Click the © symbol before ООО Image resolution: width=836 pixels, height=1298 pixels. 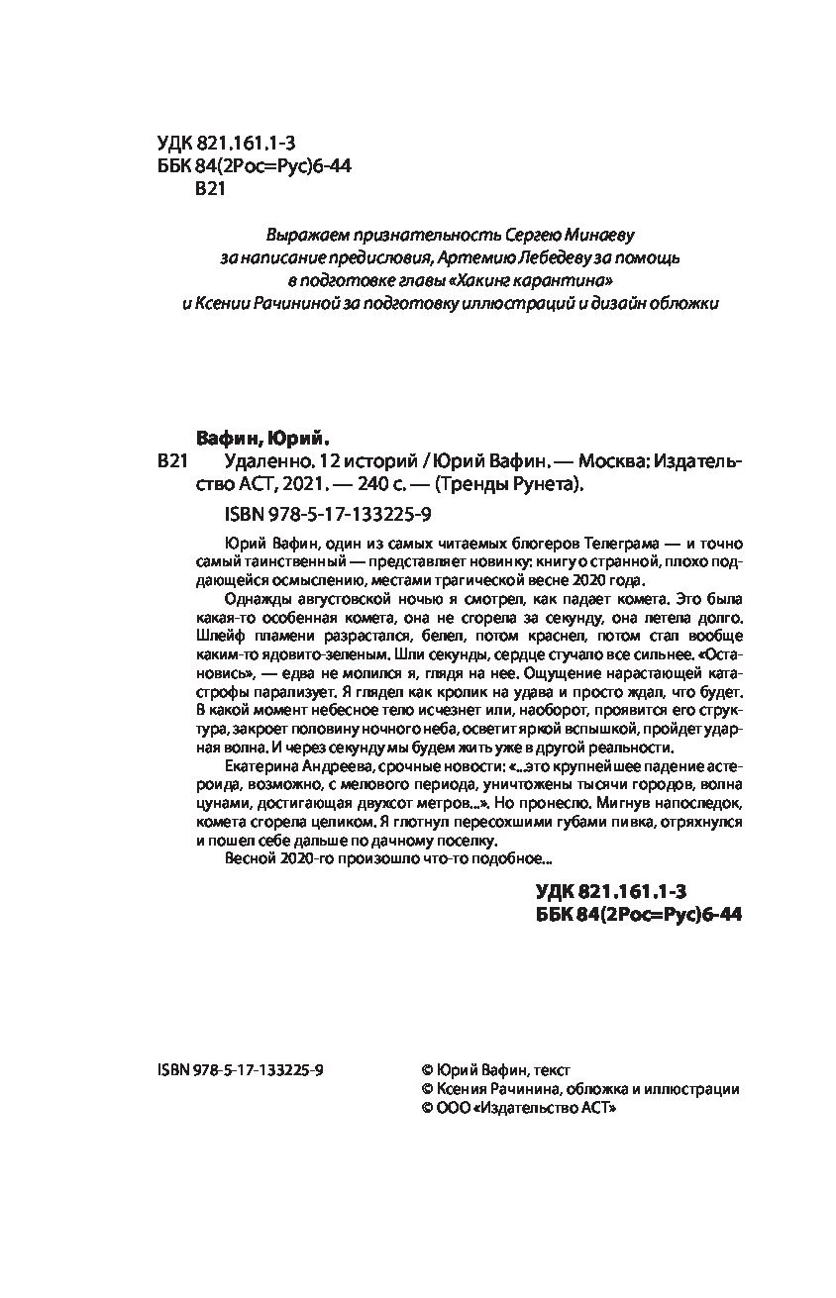[x=427, y=1110]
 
